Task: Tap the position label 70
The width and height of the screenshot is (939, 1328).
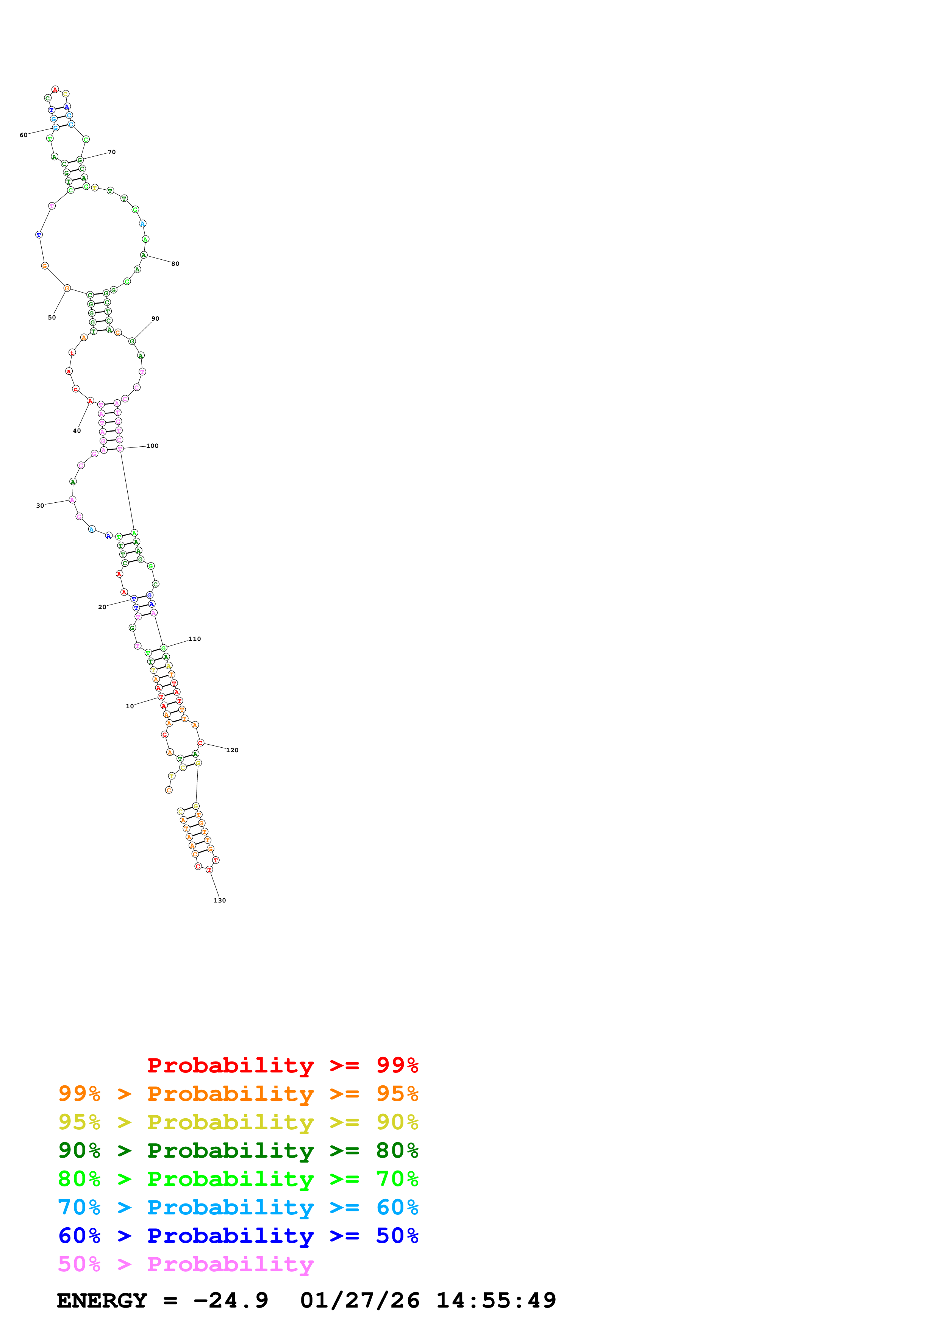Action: [x=112, y=152]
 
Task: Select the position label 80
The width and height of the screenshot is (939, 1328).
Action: [x=175, y=264]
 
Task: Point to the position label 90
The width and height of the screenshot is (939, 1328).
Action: [x=155, y=319]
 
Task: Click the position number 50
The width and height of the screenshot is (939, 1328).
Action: [x=52, y=318]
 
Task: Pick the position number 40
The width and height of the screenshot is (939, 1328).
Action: [x=77, y=431]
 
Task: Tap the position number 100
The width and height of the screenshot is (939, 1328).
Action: [x=152, y=446]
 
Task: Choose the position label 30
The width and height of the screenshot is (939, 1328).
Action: [x=40, y=505]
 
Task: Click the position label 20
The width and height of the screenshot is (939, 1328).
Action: [x=102, y=607]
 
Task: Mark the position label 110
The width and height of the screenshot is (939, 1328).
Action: [x=194, y=639]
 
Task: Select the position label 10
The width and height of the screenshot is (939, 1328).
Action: [x=130, y=706]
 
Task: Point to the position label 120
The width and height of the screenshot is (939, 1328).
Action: [x=232, y=750]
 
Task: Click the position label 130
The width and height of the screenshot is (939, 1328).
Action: [x=220, y=901]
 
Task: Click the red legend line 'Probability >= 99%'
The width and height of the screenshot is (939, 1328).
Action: [x=282, y=1065]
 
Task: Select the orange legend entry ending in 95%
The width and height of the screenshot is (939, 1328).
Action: [x=238, y=1094]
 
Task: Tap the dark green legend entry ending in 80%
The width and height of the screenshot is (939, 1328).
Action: [x=238, y=1150]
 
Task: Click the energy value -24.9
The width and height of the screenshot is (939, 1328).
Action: [x=231, y=1300]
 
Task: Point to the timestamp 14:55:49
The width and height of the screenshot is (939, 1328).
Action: [x=496, y=1300]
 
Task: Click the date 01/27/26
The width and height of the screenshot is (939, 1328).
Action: [x=360, y=1300]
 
